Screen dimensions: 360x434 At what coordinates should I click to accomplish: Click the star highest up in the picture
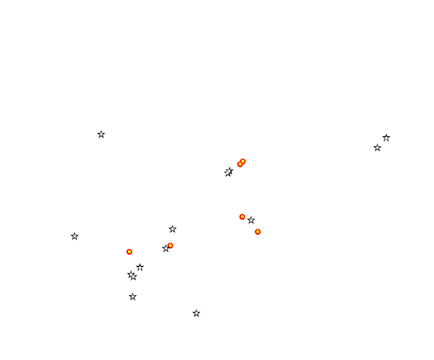pos(101,135)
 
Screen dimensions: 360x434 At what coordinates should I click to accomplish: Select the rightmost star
pos(386,138)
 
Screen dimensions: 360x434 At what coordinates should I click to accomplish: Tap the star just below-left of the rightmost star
pos(378,148)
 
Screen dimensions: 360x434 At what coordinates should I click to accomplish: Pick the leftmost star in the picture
pos(75,236)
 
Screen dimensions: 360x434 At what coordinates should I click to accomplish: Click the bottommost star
pos(197,313)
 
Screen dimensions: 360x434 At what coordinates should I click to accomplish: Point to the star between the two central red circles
pos(251,220)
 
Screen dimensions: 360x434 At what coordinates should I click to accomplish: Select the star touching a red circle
pos(166,249)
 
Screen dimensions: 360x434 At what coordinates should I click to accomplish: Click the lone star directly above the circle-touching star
pos(173,229)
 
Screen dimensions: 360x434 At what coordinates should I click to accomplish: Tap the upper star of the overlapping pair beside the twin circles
pos(230,171)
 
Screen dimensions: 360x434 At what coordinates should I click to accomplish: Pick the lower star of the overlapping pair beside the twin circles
pos(227,173)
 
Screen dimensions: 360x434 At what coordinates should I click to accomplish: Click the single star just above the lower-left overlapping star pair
pos(140,268)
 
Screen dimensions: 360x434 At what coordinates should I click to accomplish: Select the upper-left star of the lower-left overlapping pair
pos(131,274)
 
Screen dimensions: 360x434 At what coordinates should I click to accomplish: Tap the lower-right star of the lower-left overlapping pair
pos(134,277)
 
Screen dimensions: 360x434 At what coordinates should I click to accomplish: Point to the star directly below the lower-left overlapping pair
pos(133,297)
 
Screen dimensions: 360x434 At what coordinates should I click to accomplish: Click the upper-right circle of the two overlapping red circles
pos(243,162)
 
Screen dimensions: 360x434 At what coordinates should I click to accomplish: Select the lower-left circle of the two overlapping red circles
pos(240,164)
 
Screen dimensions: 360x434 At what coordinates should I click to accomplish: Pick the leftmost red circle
pos(130,252)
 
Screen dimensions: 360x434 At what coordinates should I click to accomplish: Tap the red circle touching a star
pos(170,246)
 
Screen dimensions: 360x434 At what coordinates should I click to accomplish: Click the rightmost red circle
pos(258,232)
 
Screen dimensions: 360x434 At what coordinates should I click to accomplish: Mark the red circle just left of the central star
pos(242,217)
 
